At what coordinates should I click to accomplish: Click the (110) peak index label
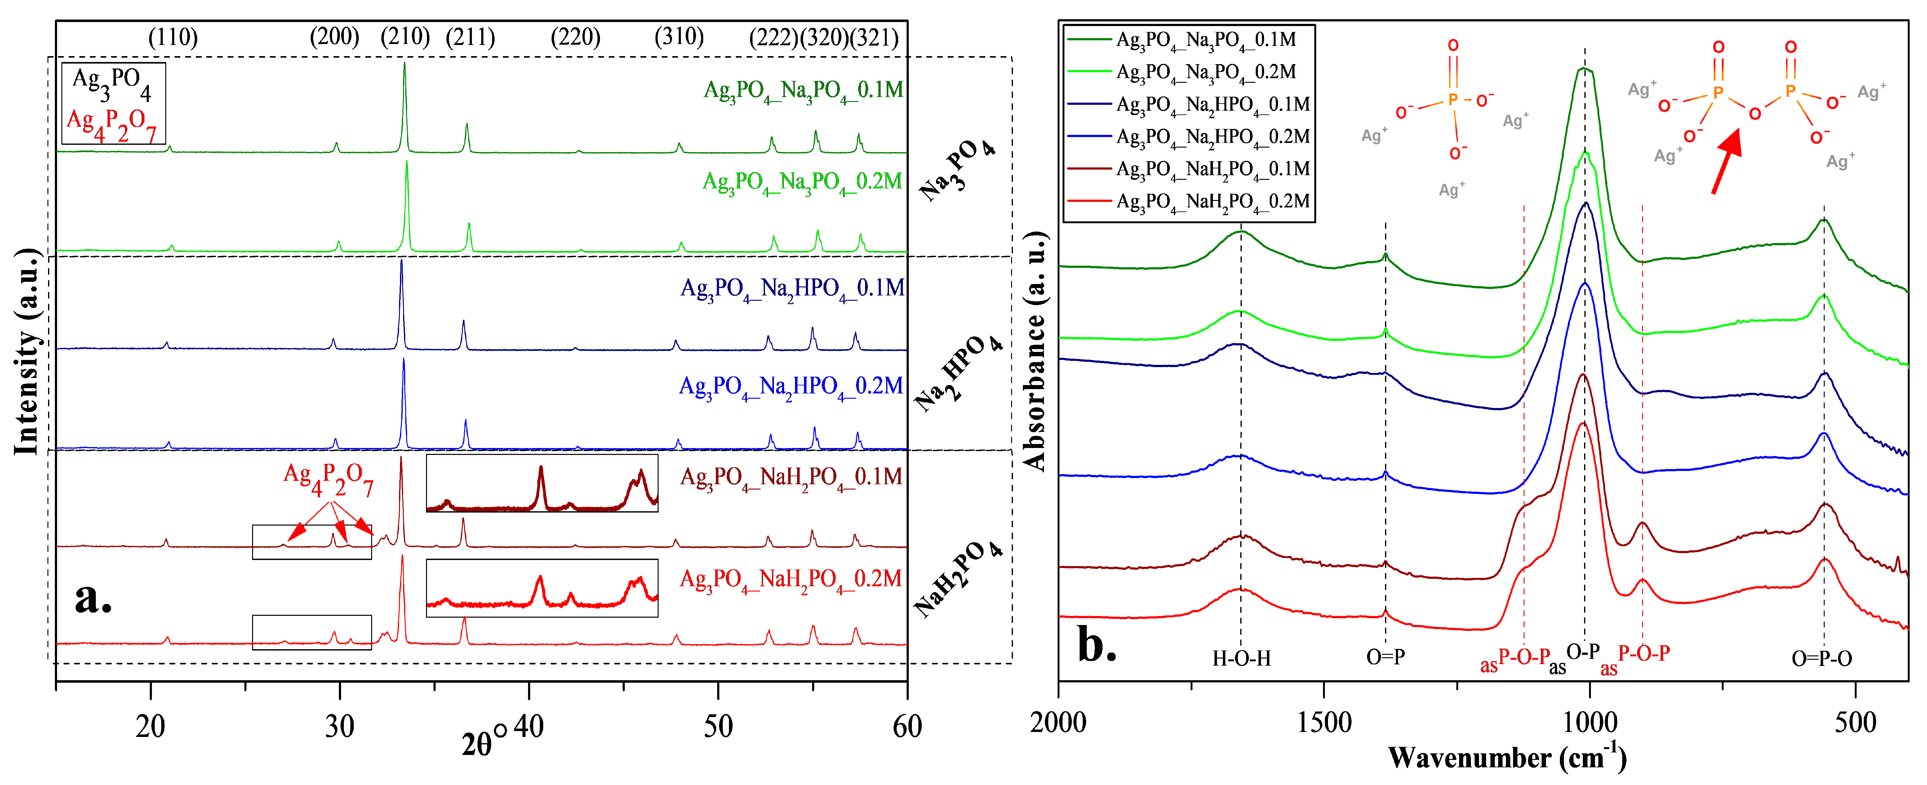(173, 38)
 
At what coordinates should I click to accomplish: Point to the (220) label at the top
(575, 38)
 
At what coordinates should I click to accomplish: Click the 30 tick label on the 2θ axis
(340, 726)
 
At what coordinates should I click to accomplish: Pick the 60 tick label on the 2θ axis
(907, 726)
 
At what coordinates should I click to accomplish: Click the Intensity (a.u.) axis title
(27, 352)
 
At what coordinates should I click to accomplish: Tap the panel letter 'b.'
(1097, 644)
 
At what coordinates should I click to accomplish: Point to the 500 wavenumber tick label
(1855, 723)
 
